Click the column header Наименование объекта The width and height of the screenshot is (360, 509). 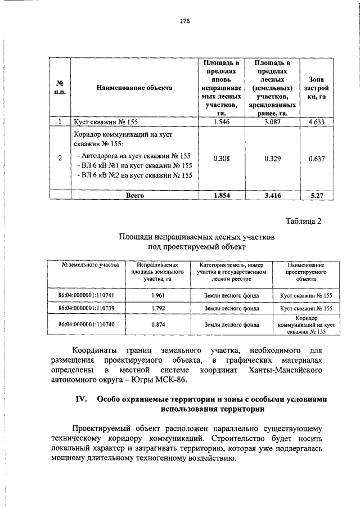click(134, 88)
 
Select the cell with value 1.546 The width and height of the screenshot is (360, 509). click(222, 121)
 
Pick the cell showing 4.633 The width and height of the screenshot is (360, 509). click(317, 121)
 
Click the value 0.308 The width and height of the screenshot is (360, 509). click(222, 159)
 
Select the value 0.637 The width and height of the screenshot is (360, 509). click(317, 159)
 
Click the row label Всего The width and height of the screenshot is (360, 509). click(134, 195)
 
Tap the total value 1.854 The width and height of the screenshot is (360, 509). click(222, 195)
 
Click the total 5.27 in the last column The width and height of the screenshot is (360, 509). click(317, 195)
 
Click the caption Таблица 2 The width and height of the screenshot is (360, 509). click(302, 221)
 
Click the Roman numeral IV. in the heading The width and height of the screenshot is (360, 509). click(81, 399)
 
